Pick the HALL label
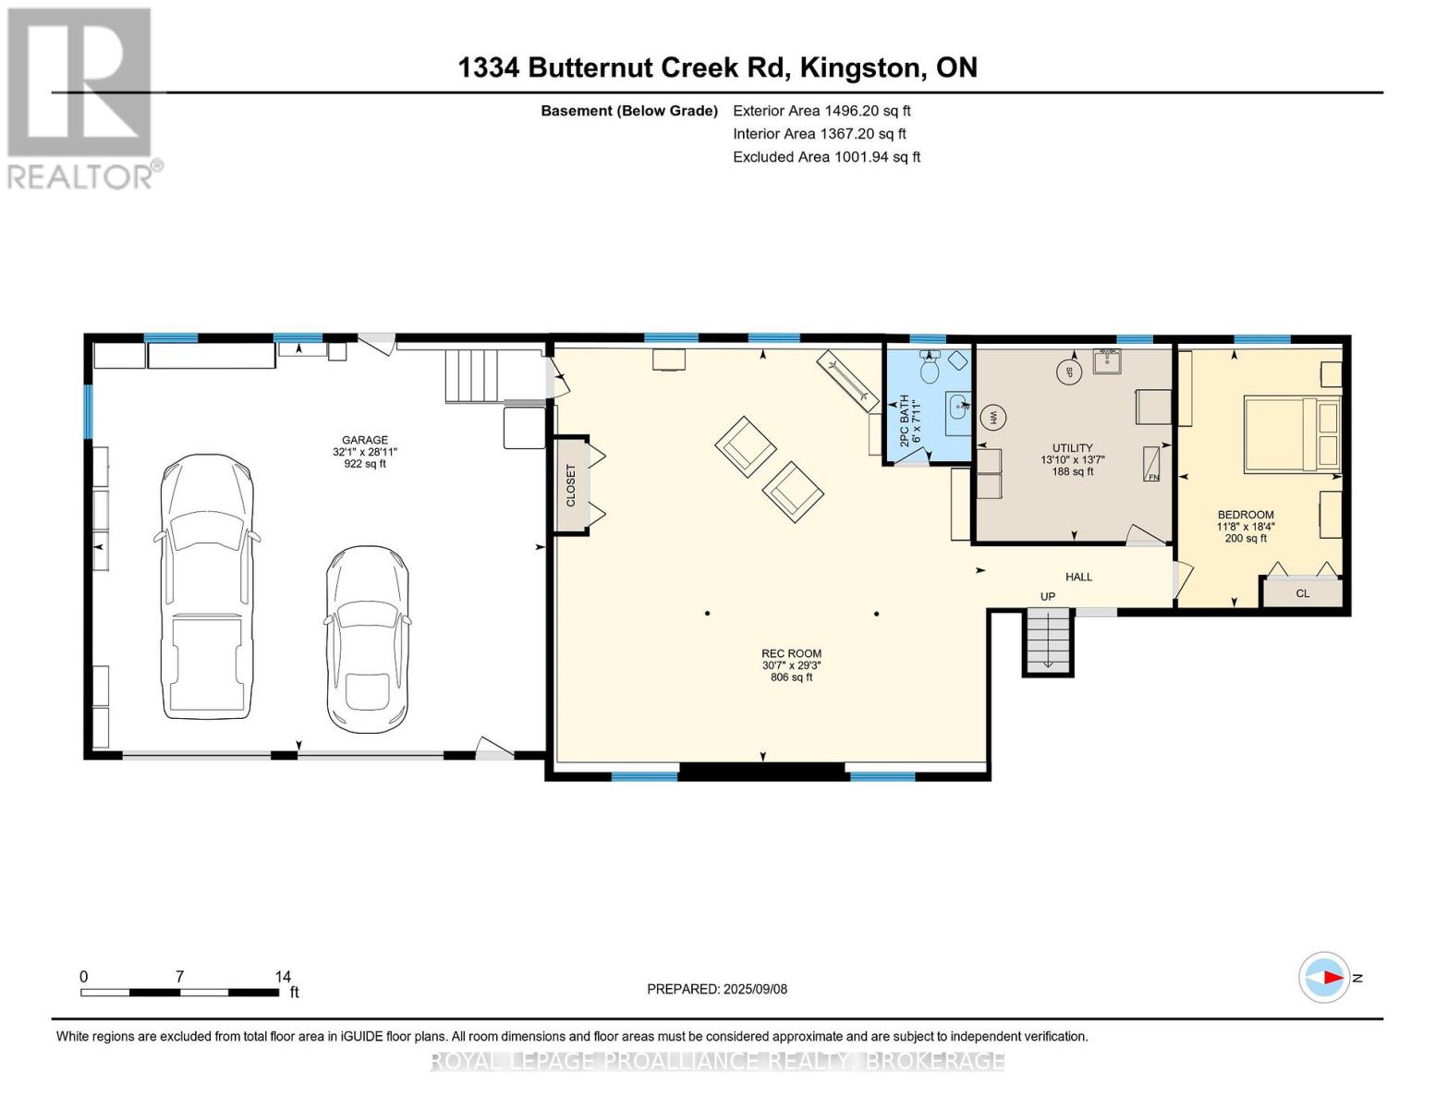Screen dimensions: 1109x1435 [x=1078, y=577]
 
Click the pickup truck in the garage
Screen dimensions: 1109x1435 [x=207, y=586]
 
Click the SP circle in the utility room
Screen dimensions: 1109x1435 [x=1069, y=372]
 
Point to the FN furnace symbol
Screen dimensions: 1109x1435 [x=1153, y=464]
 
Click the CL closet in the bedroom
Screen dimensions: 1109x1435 [x=1302, y=592]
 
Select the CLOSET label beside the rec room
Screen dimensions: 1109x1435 [x=571, y=485]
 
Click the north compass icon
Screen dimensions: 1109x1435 [x=1324, y=977]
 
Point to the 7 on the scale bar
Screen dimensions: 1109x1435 [x=179, y=977]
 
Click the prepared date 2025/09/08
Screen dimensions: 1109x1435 [x=717, y=989]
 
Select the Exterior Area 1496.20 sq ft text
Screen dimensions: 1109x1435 [x=821, y=110]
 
